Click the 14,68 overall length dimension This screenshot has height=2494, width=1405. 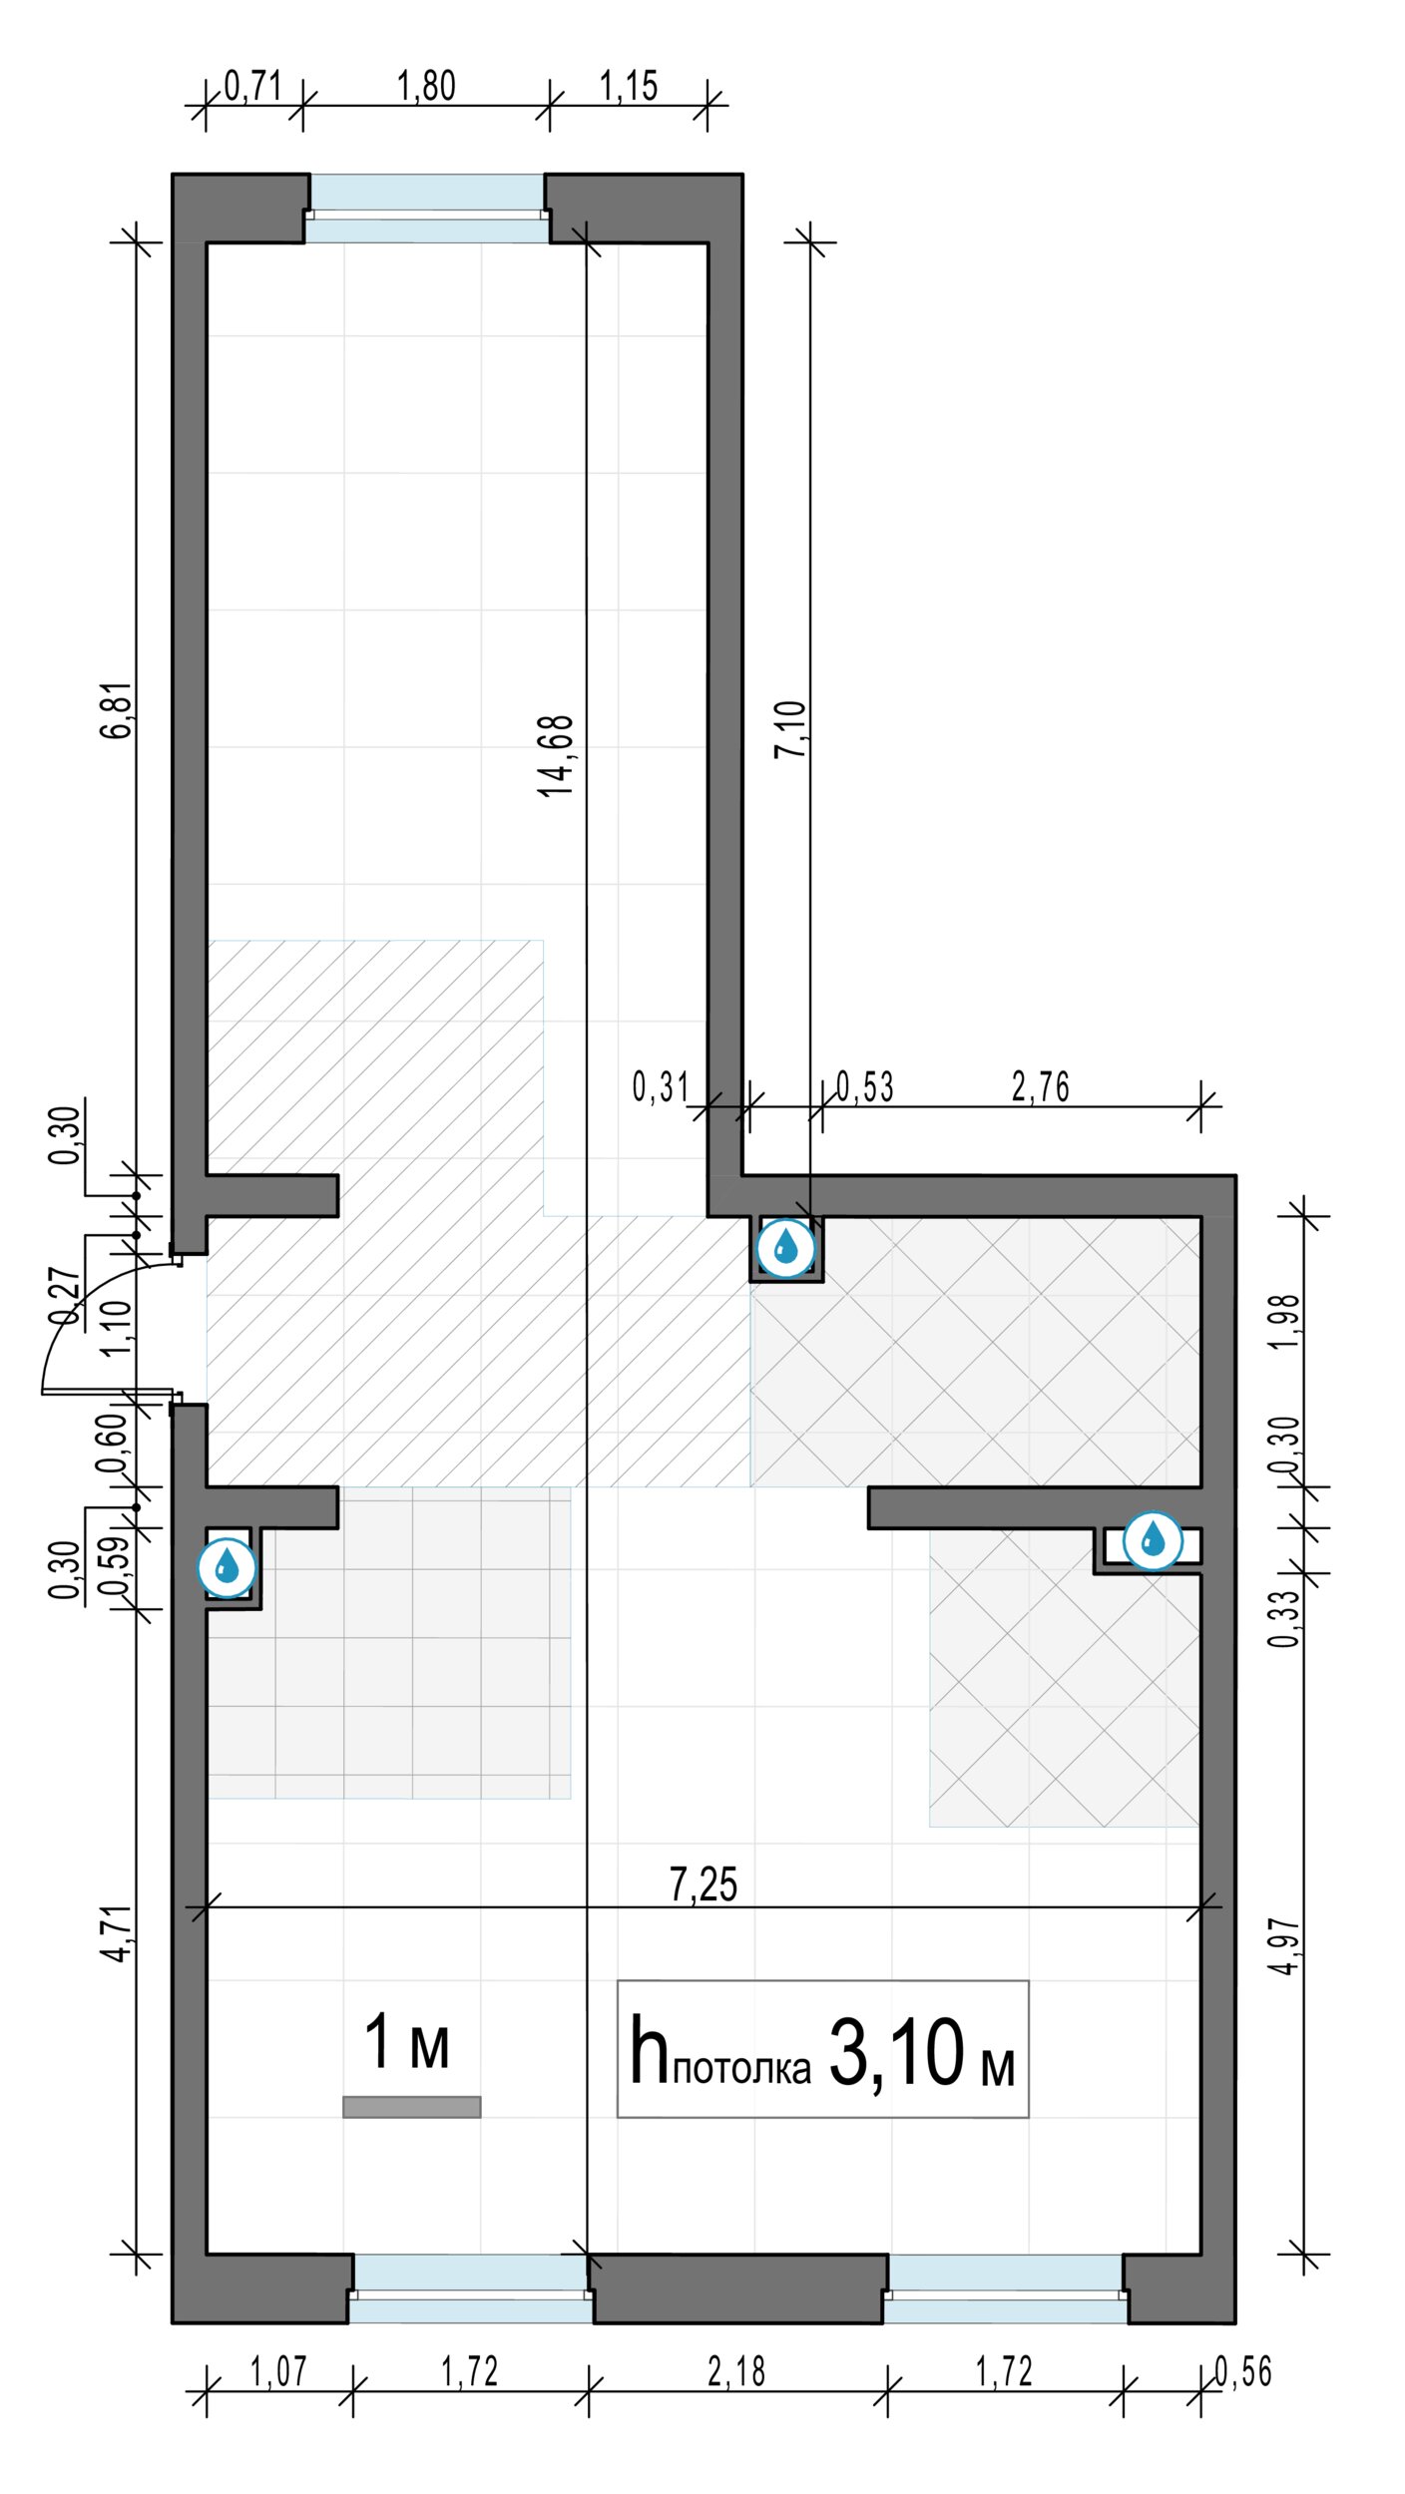tap(557, 755)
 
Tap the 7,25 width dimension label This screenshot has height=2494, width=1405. tap(703, 1884)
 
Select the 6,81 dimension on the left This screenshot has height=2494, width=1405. tap(117, 709)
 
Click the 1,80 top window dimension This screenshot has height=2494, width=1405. tap(426, 86)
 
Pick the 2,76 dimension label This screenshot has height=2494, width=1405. tap(1040, 1086)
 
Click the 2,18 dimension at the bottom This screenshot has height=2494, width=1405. tap(736, 2371)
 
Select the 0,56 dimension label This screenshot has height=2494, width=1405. tap(1243, 2371)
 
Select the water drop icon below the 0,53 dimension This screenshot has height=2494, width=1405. tap(786, 1247)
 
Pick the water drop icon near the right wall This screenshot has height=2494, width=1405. tap(1154, 1540)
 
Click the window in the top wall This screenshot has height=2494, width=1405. tap(427, 208)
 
